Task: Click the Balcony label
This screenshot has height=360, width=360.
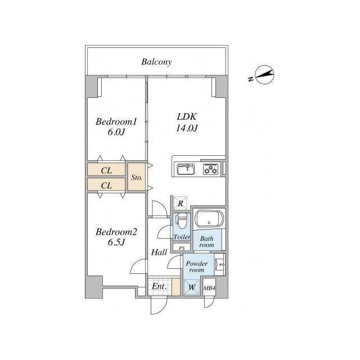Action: coord(156,62)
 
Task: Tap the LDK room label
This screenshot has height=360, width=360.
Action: coord(187,116)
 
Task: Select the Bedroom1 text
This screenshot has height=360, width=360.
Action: coord(116,121)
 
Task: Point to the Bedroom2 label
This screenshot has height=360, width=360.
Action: coord(116,232)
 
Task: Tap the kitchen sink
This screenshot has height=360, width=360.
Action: coord(186,169)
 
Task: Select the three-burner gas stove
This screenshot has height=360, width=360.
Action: coord(211,169)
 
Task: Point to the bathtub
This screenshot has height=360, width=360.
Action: coord(209,219)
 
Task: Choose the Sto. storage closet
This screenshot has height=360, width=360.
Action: coord(137,177)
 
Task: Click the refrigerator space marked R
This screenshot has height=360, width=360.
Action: coord(181,203)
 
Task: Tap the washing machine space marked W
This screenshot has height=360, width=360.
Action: coord(192,287)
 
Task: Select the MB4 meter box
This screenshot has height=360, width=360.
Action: coord(209,287)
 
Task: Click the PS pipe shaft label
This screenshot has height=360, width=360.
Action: coord(182,248)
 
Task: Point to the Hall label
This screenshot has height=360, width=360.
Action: coord(159,253)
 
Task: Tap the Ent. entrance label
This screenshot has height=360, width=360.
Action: coord(159,286)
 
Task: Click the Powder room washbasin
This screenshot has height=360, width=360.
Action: coord(220,264)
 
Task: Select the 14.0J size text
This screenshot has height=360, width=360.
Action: coord(187,128)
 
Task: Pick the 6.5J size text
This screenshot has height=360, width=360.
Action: coord(116,242)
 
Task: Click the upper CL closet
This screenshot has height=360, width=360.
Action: coord(106,170)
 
